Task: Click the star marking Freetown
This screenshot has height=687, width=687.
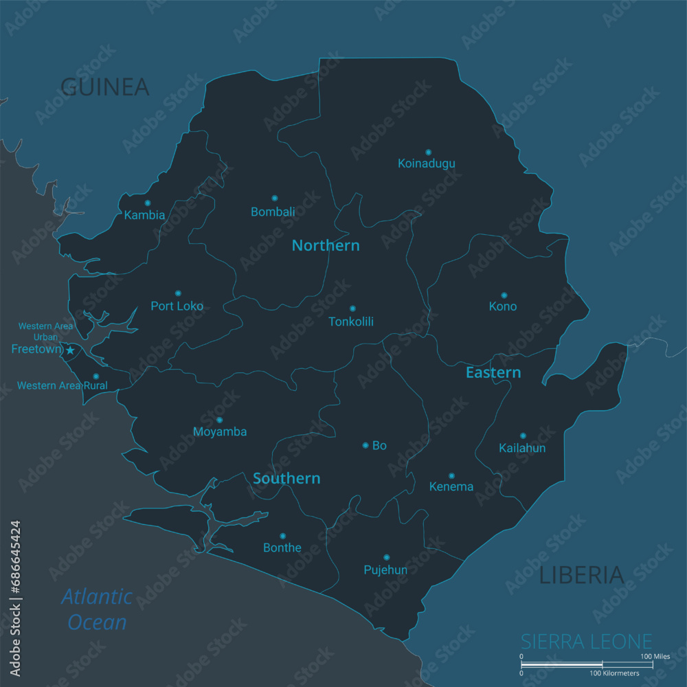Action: pos(70,350)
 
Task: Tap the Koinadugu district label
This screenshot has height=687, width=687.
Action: pos(427,164)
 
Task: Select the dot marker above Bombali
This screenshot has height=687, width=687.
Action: pos(274,198)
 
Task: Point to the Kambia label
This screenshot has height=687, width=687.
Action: pos(144,215)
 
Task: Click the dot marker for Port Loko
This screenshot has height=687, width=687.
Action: pos(178,293)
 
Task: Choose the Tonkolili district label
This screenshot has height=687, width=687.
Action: pos(351,322)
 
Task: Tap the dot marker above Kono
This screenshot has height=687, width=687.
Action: pos(504,295)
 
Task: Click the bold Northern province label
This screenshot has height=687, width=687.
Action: pos(326,245)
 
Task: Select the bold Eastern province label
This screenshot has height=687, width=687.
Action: pos(493,372)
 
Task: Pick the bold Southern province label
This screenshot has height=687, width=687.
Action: pos(286,478)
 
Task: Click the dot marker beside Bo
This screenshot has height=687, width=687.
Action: pos(365,445)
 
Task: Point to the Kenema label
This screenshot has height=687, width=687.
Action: pos(451,487)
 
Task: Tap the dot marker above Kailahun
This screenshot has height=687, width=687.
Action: pos(523,436)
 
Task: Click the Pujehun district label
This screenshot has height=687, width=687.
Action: pos(385,570)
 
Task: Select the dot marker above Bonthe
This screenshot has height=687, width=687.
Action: pos(282,536)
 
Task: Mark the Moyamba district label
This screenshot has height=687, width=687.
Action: pos(220,432)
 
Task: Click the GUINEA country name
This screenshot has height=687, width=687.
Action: pos(105,87)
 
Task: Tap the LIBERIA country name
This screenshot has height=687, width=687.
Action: pos(581,575)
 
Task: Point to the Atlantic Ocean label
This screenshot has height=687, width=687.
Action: pos(97,609)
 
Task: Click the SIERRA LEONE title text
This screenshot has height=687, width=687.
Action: pos(586,642)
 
